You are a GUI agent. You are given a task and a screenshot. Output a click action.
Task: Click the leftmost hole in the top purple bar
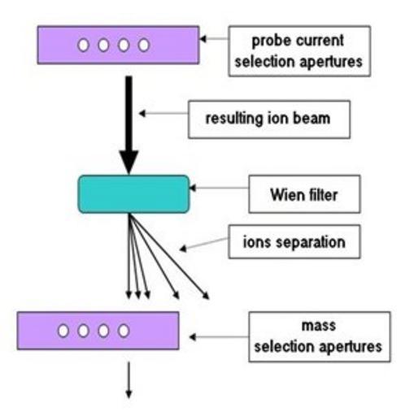point(83,45)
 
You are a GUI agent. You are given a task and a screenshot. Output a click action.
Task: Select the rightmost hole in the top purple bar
point(143,45)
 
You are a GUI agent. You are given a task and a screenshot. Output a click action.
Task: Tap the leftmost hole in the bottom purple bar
point(63,331)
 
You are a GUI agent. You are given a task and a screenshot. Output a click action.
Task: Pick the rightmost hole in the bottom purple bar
point(124,331)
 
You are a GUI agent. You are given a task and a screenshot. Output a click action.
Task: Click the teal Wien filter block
point(133,194)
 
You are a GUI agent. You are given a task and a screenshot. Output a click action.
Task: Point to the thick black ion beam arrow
point(129,125)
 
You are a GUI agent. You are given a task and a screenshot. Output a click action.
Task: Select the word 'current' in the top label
point(320,41)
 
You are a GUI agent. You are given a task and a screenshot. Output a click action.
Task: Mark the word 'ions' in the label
point(257,241)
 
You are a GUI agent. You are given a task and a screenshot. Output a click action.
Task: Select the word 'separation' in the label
point(311,243)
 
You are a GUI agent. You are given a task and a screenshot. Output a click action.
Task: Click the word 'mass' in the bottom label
point(319,326)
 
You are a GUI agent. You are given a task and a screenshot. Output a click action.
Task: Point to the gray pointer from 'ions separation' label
point(204,244)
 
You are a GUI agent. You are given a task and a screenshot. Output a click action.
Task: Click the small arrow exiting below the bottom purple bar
point(129,380)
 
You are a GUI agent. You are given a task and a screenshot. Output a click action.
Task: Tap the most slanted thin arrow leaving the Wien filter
point(169,256)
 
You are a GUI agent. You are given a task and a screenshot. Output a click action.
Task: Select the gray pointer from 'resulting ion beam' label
point(163,113)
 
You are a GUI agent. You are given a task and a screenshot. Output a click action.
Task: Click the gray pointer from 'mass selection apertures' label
point(219,337)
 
